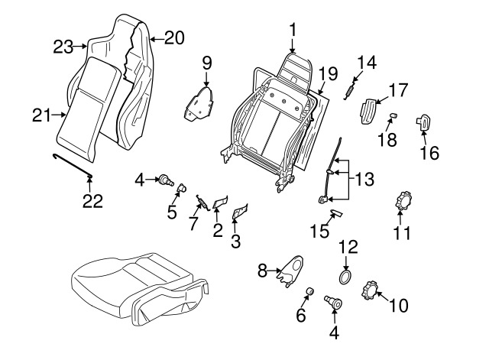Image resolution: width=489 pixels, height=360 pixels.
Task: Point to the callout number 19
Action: pos(328,73)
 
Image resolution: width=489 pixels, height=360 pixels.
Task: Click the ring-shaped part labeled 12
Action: pos(346,276)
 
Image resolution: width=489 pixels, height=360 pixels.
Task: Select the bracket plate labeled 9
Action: pos(200,104)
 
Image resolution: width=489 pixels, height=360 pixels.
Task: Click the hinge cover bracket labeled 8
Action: pos(290,271)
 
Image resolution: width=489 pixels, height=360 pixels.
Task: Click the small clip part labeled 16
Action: pos(423,123)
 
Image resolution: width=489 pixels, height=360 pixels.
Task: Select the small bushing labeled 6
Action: pos(311,291)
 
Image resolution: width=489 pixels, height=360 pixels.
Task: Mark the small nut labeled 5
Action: pos(183,187)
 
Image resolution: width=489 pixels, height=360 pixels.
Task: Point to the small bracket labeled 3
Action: pos(241,211)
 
